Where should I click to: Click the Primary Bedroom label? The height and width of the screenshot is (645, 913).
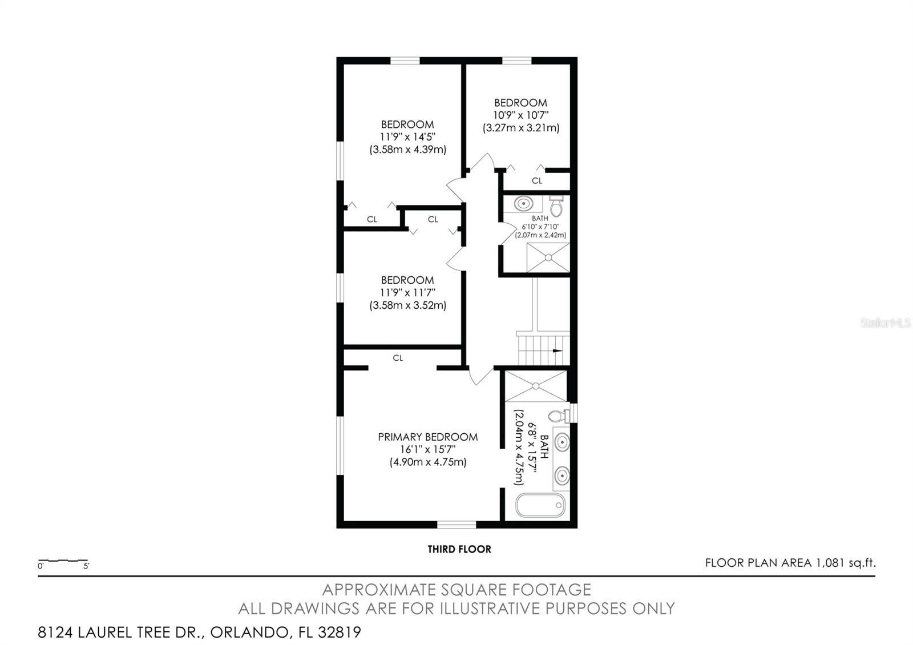pos(427,437)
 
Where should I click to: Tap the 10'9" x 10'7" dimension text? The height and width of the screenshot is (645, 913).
pos(521,115)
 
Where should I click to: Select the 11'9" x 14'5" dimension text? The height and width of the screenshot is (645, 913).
pos(407,137)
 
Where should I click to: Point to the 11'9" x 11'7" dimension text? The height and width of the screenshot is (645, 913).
pos(407,293)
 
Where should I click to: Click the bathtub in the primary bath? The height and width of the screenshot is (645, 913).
pos(540,505)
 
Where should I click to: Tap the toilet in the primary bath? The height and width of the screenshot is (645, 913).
pos(559,416)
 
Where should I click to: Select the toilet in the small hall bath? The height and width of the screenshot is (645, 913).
pos(556,206)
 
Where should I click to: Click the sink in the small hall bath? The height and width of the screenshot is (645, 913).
pos(523,203)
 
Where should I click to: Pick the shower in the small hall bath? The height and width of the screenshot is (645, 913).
pos(548,257)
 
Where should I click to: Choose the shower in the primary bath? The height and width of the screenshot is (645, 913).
pos(536,386)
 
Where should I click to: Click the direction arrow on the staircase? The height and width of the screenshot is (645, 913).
pos(557,350)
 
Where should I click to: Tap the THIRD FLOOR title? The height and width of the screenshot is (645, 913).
pos(459,549)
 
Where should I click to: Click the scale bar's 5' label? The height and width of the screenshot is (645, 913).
pos(86,566)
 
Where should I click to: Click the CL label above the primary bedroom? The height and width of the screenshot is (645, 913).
pos(398,358)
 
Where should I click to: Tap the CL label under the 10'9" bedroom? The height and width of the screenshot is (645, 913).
pos(537,180)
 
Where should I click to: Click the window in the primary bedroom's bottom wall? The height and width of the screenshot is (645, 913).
pos(457,525)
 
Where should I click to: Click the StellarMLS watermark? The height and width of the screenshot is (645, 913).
pos(885,323)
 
